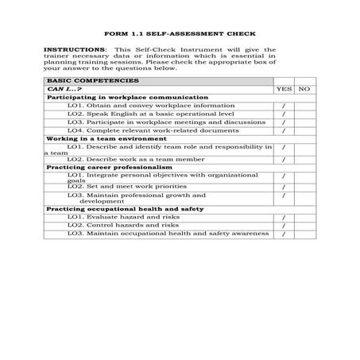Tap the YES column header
tap(284, 89)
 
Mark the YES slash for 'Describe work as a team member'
tap(284, 160)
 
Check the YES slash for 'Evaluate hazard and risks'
tap(284, 218)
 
